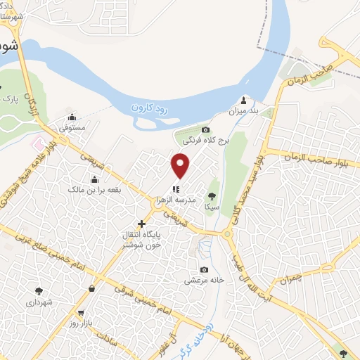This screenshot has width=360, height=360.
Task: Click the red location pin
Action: (181, 166)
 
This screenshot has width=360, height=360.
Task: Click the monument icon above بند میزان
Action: (244, 99)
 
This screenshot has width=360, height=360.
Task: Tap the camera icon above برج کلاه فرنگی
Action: (205, 129)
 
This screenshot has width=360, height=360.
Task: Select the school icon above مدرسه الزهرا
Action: (176, 188)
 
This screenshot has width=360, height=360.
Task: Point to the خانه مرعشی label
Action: (204, 281)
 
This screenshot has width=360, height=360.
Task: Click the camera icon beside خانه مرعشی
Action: (204, 270)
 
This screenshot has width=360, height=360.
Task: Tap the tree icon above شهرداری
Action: (39, 290)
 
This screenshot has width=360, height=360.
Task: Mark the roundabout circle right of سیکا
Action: (228, 233)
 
